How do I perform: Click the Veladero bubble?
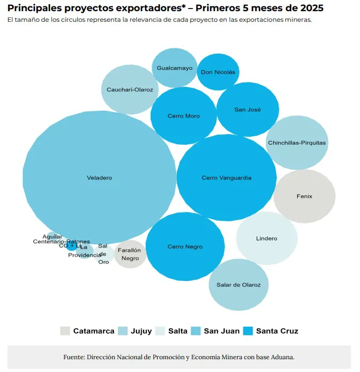click(x=99, y=178)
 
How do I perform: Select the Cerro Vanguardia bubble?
click(x=226, y=178)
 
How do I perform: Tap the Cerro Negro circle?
click(x=185, y=246)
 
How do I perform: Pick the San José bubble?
click(x=248, y=110)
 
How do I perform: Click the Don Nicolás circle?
click(x=217, y=72)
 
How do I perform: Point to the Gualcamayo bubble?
click(x=175, y=68)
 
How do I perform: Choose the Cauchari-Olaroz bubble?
click(x=129, y=89)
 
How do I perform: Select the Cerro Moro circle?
click(x=183, y=115)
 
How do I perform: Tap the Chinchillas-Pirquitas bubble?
click(x=297, y=143)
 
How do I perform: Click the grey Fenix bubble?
click(x=304, y=196)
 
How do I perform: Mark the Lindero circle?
click(x=266, y=238)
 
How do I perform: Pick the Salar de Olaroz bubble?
click(x=238, y=285)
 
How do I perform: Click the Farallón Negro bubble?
click(x=129, y=254)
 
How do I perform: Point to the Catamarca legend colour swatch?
click(x=65, y=331)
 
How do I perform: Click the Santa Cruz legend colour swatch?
click(x=248, y=331)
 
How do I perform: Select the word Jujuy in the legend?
click(x=141, y=331)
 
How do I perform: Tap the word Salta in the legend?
click(x=177, y=331)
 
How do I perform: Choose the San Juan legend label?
click(x=222, y=331)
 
